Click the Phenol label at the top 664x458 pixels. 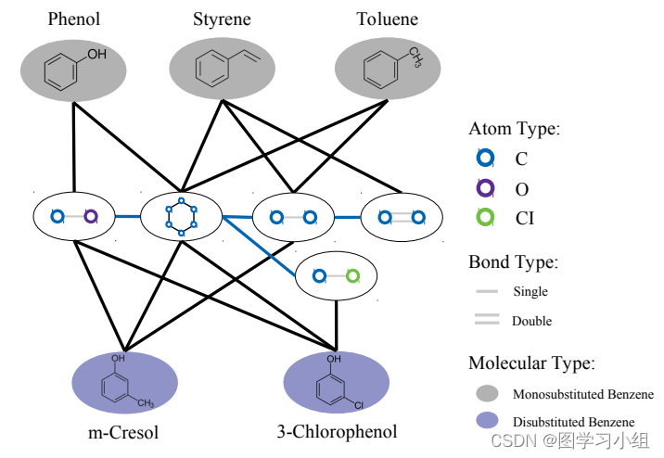coord(73,19)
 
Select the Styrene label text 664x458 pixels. coord(222,19)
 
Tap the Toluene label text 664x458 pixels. coord(387,19)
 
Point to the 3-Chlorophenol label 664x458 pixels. coord(337,431)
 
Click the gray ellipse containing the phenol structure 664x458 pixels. coord(73,70)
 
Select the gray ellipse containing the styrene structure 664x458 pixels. coord(222,70)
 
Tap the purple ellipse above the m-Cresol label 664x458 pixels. coord(124,382)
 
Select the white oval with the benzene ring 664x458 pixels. coord(182,217)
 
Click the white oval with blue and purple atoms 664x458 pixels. coord(73,217)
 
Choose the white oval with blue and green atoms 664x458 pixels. coord(336,276)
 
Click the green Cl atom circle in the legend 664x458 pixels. coord(484,219)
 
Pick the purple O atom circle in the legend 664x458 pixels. coord(484,188)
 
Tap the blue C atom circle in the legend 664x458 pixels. coord(484,158)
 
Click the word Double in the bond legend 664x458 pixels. coord(531,321)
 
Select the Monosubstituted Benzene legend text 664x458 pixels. coord(582,394)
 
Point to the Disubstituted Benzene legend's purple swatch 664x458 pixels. coord(487,422)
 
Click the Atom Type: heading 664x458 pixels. coord(515,129)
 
